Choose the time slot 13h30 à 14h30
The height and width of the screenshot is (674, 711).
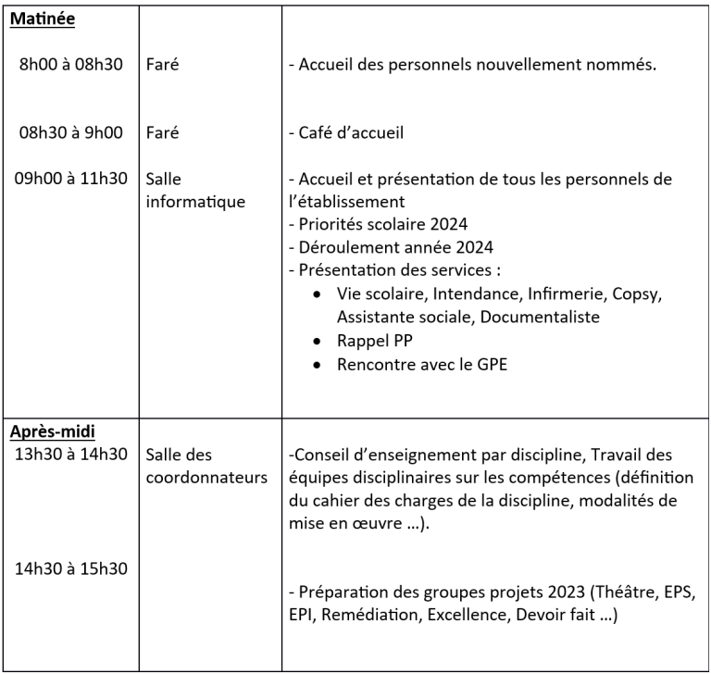71,454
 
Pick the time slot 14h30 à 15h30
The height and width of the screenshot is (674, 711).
71,567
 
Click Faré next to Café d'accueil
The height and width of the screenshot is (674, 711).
162,132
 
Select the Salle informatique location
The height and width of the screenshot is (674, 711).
194,189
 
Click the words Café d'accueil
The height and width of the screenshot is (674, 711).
351,132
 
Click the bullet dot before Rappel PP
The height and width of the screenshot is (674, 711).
318,341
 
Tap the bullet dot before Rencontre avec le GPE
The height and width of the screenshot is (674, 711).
318,364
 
